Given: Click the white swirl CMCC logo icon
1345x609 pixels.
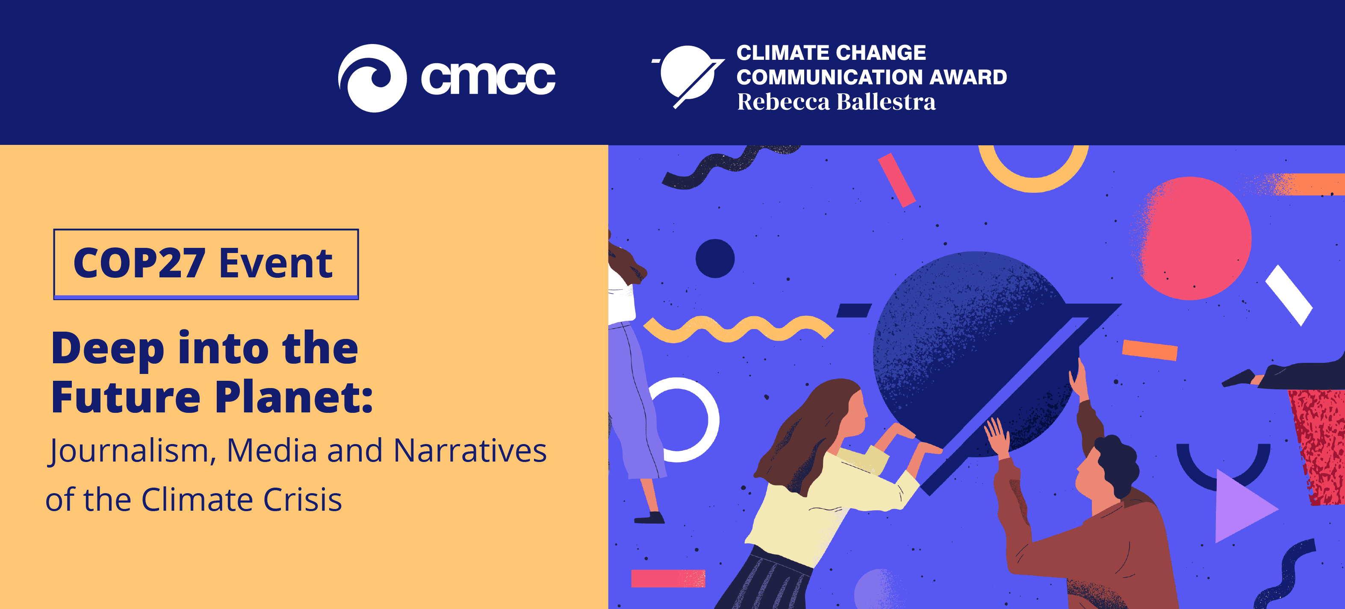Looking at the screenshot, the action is (372, 78).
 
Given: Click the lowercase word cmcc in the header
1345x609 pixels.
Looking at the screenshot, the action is (488, 79).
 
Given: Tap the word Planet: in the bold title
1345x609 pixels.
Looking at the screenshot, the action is (295, 397).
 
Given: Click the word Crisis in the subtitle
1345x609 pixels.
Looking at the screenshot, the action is (302, 500).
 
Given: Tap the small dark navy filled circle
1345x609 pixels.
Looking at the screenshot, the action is (715, 258).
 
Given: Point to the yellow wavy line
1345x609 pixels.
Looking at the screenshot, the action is (738, 329).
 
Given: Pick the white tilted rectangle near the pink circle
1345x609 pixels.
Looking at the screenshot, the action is (1289, 295).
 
